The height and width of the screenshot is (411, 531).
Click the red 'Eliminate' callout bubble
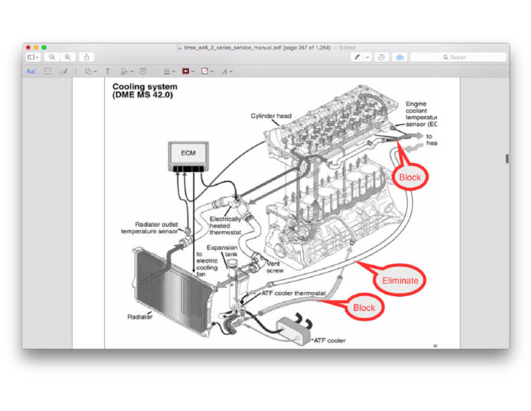coord(400,280)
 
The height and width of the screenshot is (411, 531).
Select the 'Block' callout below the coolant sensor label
coord(409,177)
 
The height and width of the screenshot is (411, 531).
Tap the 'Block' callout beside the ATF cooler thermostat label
coord(364,308)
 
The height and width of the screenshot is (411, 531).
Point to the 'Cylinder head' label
coord(271,116)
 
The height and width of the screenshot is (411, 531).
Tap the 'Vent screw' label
coord(274,267)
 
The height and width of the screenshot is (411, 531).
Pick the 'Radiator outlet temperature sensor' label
coord(149,228)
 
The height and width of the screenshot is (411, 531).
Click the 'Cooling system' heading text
coord(145,87)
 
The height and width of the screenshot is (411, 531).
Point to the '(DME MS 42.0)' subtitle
coord(142,95)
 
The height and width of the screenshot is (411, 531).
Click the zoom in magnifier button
coord(68,57)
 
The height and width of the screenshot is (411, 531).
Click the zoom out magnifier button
coord(52,57)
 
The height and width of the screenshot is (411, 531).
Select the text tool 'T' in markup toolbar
coord(107,71)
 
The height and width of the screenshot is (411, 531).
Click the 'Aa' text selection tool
coord(31,71)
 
